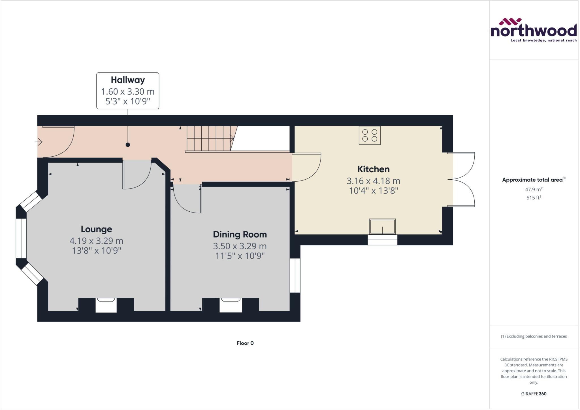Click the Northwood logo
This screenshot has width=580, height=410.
coord(534,30)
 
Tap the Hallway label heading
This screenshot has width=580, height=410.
coord(128,80)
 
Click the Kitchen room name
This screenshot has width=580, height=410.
coord(373,169)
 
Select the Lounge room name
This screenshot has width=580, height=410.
coord(96,229)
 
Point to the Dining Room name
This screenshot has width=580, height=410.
coord(240,234)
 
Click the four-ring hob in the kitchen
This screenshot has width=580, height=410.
coord(370,135)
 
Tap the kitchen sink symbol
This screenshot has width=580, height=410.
coord(382,226)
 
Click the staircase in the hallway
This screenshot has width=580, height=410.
coord(210,139)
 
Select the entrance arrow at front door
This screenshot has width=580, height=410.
coord(39,141)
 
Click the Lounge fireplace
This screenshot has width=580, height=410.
coord(106,305)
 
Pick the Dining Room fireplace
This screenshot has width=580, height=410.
coord(231,305)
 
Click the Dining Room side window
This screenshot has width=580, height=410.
coord(295,275)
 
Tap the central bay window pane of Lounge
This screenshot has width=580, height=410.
coord(21,238)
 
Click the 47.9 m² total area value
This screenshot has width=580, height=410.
coord(534,189)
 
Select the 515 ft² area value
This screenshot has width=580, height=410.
coord(534,197)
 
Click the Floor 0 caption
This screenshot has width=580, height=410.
coord(245,343)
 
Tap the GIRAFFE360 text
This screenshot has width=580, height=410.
coord(534,394)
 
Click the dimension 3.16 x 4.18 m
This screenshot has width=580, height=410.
coord(373,181)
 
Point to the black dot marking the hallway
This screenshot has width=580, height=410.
coord(128,145)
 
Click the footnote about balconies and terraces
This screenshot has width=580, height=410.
coord(534,336)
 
